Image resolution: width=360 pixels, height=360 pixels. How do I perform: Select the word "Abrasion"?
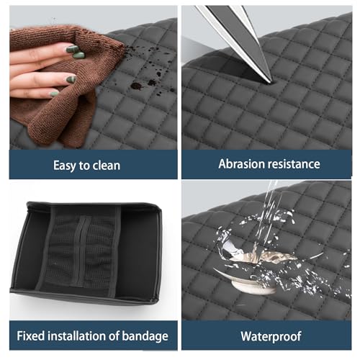[x=241, y=164]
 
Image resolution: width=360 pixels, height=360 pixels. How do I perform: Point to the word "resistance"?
[x=294, y=164]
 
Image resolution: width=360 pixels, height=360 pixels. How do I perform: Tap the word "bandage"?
[x=145, y=336]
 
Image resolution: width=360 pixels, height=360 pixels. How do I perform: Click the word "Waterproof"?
[x=271, y=336]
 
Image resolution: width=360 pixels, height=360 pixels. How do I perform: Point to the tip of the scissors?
[x=271, y=82]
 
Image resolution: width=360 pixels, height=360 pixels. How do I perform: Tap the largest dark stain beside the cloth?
[x=136, y=86]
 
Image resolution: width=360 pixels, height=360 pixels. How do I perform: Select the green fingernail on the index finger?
[x=73, y=49]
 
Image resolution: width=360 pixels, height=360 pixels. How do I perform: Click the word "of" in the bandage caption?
[x=114, y=336]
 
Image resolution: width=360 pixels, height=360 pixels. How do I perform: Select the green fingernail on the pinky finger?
[x=54, y=94]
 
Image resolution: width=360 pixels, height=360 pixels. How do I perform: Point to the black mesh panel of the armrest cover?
[x=81, y=251]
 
